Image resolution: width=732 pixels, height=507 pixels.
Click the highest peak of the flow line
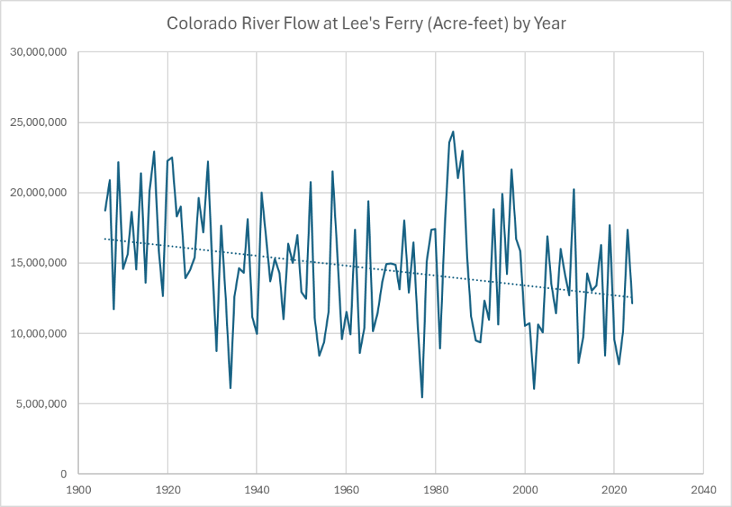454,132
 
